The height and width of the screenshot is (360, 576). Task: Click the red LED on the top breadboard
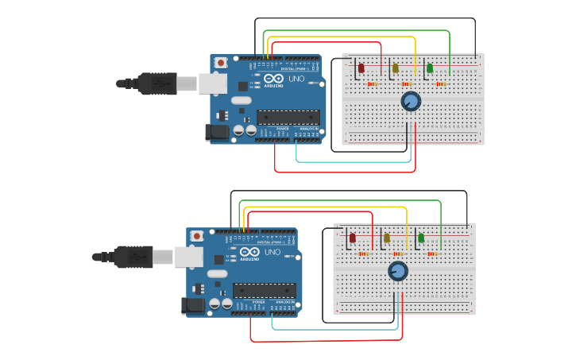(x=361, y=68)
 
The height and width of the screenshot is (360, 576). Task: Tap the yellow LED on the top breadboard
(x=395, y=68)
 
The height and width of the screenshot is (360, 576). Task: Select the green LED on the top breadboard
(x=430, y=68)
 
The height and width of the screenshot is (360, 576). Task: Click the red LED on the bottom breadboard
(x=352, y=238)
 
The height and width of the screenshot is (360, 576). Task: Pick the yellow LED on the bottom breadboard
(x=387, y=238)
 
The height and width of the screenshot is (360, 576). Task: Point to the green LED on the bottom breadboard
(x=421, y=238)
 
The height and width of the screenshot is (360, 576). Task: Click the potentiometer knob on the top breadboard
(x=411, y=101)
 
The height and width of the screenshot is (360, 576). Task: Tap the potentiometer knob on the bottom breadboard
(x=398, y=271)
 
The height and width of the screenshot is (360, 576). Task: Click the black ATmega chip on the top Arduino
(x=288, y=117)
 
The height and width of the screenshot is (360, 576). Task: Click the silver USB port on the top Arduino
(x=212, y=83)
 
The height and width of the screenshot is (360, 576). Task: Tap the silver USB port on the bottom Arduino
(x=188, y=256)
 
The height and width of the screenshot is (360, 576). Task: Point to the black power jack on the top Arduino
(x=216, y=132)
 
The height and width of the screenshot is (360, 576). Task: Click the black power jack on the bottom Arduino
(x=193, y=305)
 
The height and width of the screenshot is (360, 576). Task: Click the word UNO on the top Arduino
(x=296, y=79)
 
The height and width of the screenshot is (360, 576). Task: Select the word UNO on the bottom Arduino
(x=272, y=252)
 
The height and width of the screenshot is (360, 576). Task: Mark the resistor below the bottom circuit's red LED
(x=363, y=254)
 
